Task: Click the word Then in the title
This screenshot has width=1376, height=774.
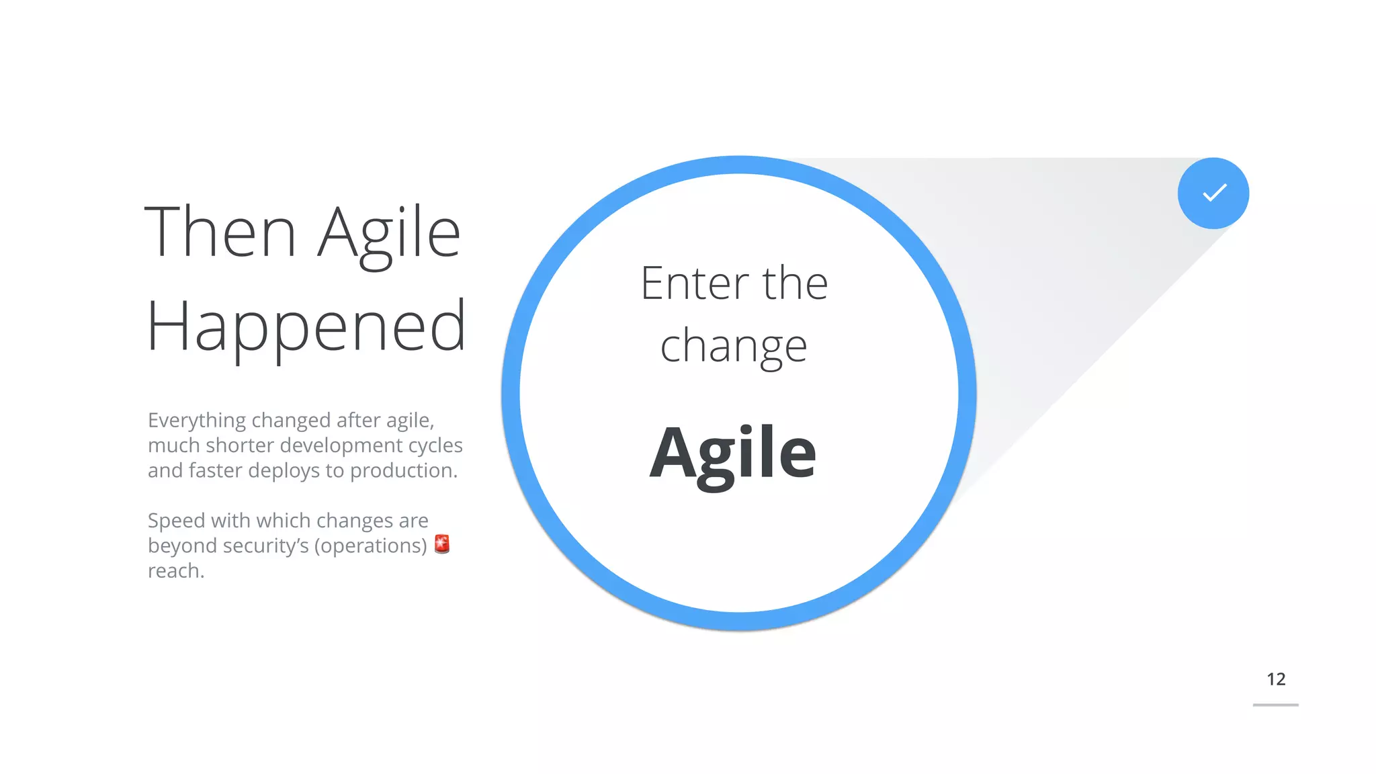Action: tap(220, 232)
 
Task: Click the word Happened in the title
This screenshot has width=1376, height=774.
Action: tap(306, 327)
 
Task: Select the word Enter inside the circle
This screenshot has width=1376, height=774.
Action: tap(694, 284)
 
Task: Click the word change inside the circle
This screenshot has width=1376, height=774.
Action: tap(733, 347)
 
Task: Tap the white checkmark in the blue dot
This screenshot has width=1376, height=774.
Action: tap(1214, 193)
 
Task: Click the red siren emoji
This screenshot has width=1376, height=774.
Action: tap(441, 544)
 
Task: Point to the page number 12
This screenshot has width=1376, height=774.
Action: tap(1275, 679)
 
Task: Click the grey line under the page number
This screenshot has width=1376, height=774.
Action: tap(1275, 705)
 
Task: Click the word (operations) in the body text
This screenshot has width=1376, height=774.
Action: tap(372, 546)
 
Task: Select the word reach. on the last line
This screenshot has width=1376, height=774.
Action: tap(176, 571)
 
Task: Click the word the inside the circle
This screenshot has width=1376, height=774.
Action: tap(795, 284)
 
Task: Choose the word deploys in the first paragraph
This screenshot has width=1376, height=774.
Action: tap(284, 471)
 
